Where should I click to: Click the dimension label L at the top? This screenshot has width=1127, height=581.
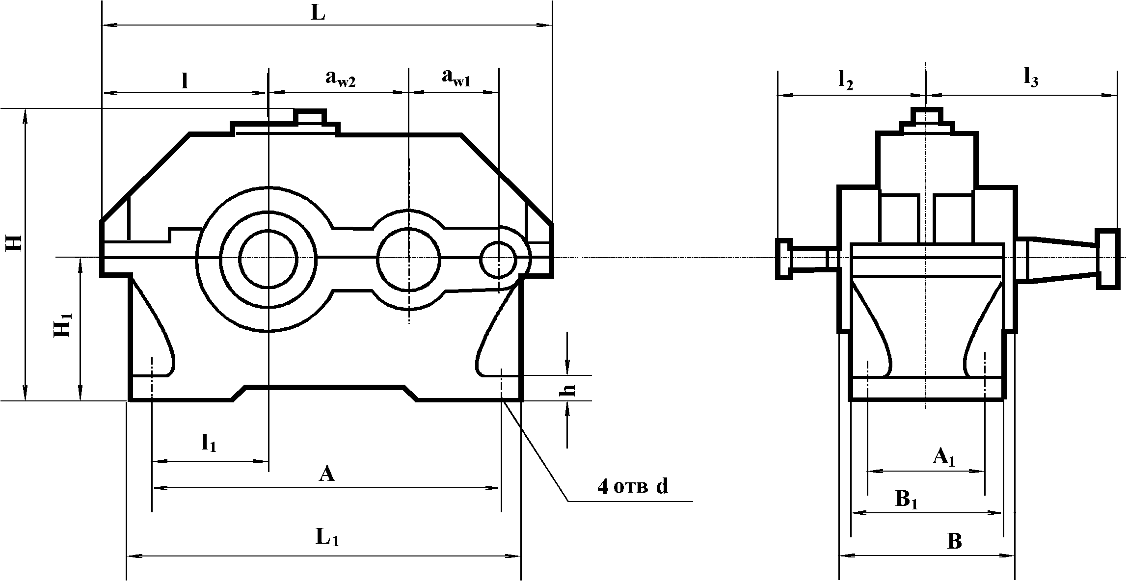click(x=318, y=14)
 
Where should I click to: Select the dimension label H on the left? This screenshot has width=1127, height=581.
click(x=15, y=242)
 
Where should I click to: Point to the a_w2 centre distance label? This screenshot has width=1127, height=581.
click(x=340, y=79)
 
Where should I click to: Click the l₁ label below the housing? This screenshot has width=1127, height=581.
click(x=209, y=443)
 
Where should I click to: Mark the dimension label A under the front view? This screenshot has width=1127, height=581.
click(x=326, y=474)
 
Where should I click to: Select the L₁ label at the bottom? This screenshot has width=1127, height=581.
click(x=327, y=538)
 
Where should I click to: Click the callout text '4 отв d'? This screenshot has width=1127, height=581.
click(x=633, y=486)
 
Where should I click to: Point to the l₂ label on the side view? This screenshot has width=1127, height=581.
click(x=845, y=81)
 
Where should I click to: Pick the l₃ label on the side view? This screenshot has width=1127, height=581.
click(x=1031, y=79)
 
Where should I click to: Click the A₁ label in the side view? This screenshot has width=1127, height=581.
click(x=943, y=458)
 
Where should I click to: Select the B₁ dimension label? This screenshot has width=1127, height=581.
click(x=907, y=500)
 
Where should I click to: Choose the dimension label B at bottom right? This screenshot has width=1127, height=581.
click(x=955, y=541)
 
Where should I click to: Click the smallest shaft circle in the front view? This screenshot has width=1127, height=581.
click(x=498, y=259)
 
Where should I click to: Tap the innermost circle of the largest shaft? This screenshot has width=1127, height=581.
click(x=268, y=259)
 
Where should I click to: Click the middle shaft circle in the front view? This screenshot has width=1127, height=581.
click(x=408, y=259)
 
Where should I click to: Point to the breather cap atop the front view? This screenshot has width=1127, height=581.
click(x=310, y=117)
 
